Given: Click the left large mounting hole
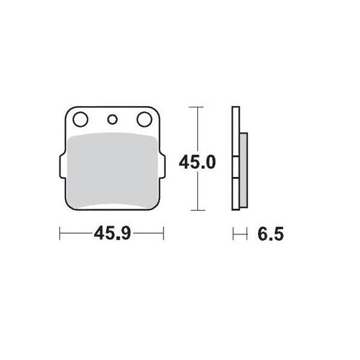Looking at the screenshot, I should pyautogui.click(x=80, y=120).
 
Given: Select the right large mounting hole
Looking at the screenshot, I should pyautogui.click(x=144, y=120).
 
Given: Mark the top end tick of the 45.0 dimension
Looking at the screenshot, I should pyautogui.click(x=195, y=107).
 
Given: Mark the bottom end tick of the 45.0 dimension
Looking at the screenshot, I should pyautogui.click(x=195, y=210).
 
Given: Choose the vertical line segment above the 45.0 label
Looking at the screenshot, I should pyautogui.click(x=195, y=128).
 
